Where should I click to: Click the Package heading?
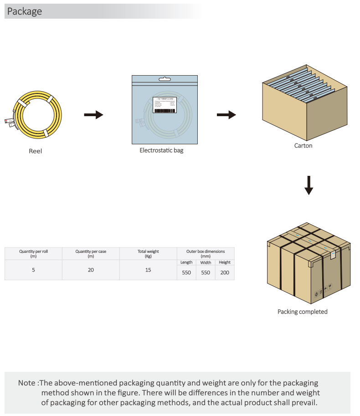point(25,11)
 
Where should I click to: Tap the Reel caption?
point(36,151)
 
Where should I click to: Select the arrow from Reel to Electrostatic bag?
point(93,115)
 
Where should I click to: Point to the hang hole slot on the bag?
point(165,80)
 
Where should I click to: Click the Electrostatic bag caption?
point(161,150)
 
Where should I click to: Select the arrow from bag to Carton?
point(226,115)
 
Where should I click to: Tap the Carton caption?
point(303,146)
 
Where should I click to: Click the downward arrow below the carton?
point(309,185)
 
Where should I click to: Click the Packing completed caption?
point(303,312)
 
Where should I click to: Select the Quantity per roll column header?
point(33,253)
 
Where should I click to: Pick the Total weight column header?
point(148,253)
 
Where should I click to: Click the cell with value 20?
point(91,270)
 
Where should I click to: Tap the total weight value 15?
point(148,270)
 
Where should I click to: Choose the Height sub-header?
point(225,262)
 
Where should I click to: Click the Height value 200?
point(225,272)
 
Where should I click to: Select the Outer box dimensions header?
point(206,253)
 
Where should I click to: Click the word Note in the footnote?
point(26,383)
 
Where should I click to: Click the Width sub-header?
point(206,262)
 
